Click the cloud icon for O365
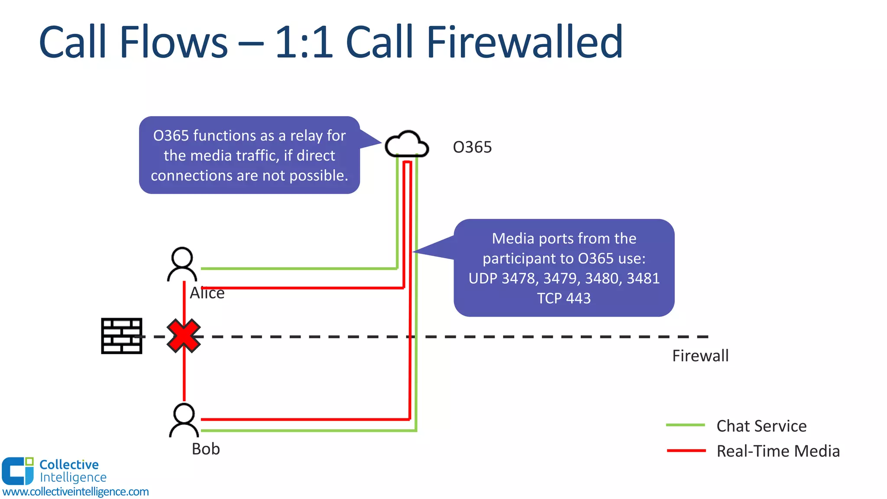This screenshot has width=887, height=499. click(407, 144)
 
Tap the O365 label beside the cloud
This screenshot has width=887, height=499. click(472, 147)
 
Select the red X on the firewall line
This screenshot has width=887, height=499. click(184, 336)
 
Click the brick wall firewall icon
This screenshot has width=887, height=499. click(122, 336)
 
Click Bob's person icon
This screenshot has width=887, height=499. click(184, 420)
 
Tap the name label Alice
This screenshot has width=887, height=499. click(207, 293)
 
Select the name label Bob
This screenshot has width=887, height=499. click(206, 449)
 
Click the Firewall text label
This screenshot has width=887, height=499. click(700, 356)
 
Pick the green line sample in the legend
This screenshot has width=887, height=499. click(686, 425)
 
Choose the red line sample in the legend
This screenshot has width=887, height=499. click(686, 451)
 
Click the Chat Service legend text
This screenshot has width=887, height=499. click(761, 426)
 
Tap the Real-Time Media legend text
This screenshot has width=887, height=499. click(778, 451)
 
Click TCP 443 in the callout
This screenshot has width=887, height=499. click(564, 298)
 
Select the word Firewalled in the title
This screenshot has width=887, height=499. click(524, 42)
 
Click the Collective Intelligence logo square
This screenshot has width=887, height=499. click(17, 471)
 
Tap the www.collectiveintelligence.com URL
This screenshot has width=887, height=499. click(75, 492)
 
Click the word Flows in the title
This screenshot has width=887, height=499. click(173, 42)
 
